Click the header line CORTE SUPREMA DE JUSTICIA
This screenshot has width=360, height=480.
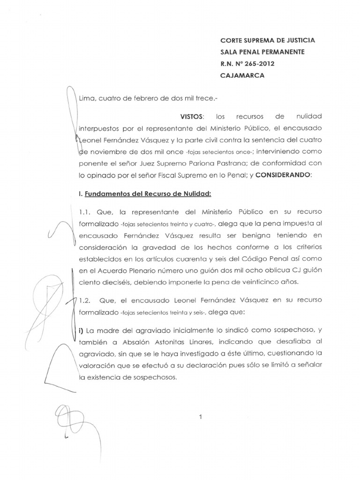[267, 41]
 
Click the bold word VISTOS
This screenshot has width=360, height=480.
[192, 115]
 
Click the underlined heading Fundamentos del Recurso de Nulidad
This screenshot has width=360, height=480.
[143, 193]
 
